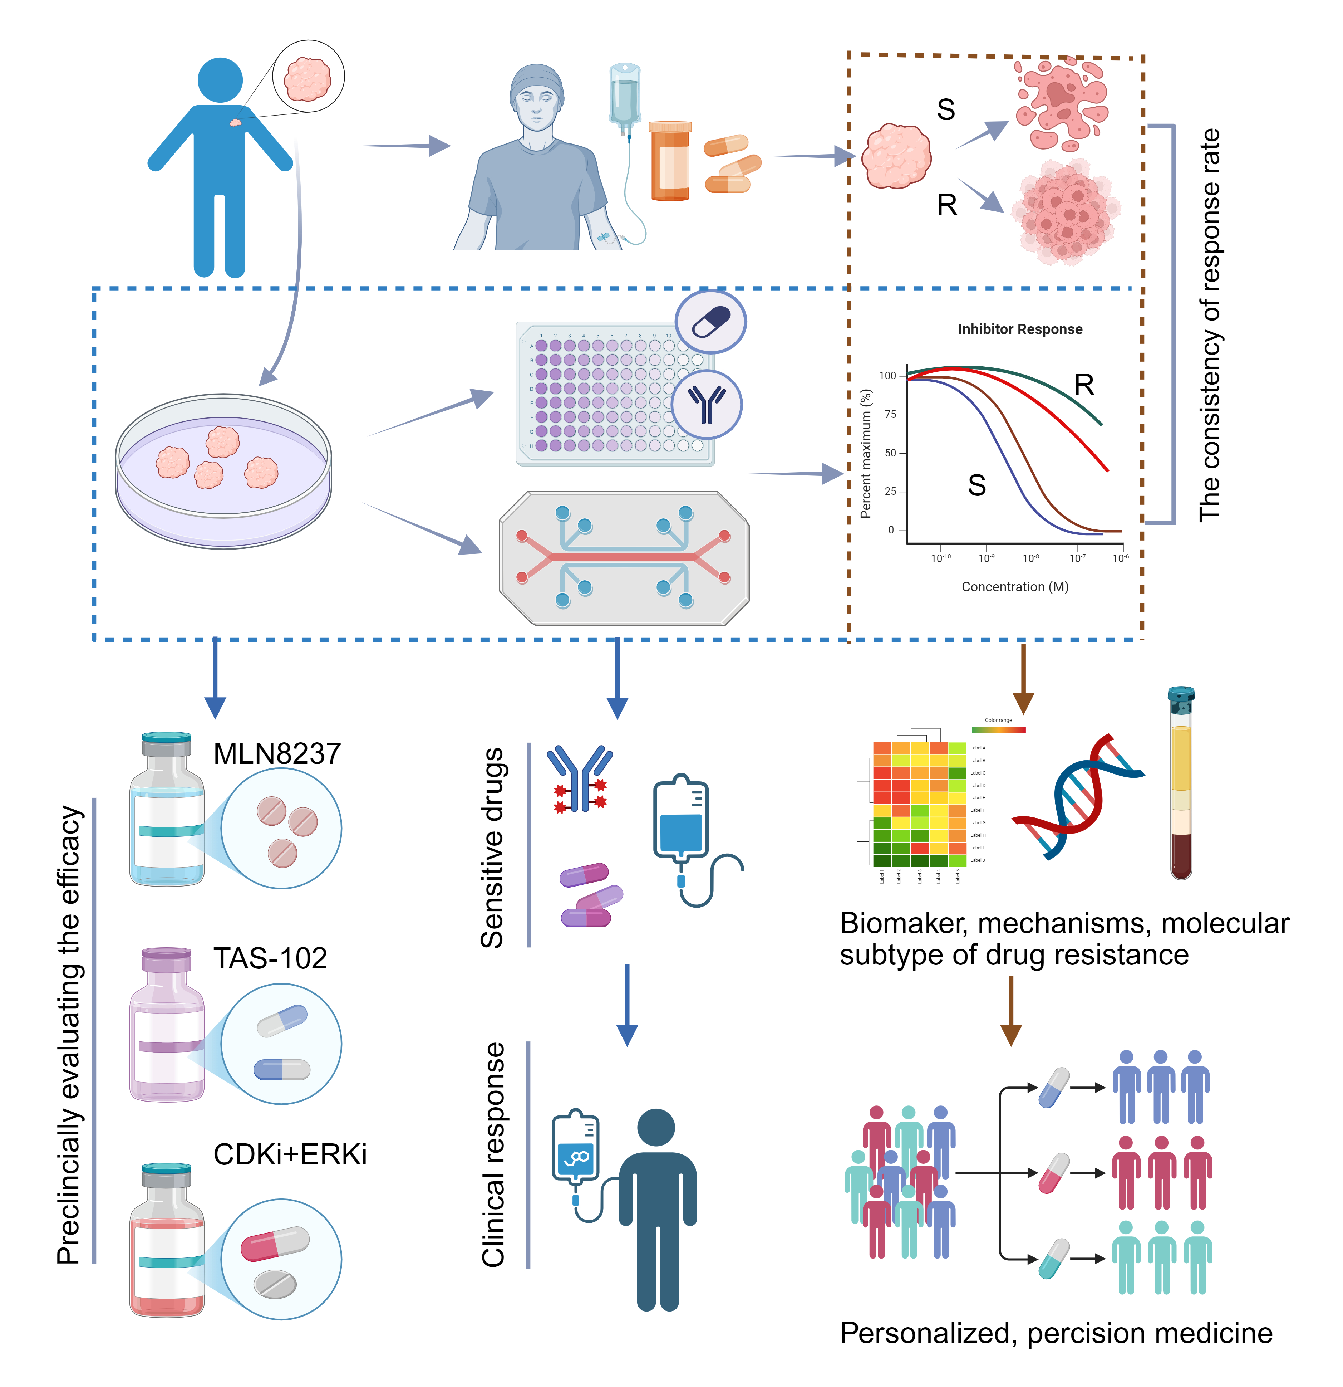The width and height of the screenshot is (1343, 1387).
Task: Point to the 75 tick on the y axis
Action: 890,414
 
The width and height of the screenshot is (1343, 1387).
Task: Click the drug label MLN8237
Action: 277,754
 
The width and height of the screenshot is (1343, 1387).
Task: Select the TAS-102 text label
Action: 270,958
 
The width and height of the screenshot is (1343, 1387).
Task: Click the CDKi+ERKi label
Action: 290,1154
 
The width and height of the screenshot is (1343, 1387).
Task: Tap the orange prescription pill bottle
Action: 670,161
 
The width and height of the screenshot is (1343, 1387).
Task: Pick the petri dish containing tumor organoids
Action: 223,470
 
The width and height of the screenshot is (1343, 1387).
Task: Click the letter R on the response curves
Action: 1083,385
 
